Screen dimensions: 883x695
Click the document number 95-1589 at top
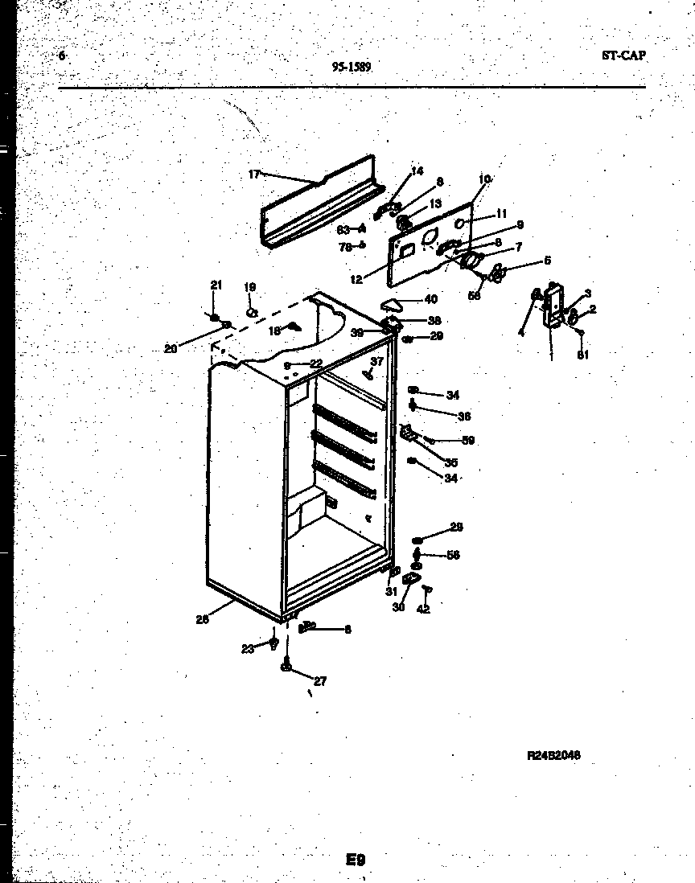(352, 68)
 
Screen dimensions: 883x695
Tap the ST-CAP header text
(623, 56)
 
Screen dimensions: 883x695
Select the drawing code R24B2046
(553, 755)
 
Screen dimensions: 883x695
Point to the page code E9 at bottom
(356, 860)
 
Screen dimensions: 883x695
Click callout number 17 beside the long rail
(254, 174)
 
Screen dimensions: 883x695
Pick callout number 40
(431, 300)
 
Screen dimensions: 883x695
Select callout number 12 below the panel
(356, 279)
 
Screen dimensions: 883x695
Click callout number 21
(215, 285)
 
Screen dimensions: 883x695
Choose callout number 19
(249, 287)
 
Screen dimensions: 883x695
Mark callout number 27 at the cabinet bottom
(320, 681)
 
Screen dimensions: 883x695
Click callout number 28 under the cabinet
(202, 619)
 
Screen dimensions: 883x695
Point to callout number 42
(424, 609)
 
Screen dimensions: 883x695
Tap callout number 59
(467, 440)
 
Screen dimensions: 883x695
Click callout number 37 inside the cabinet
(377, 361)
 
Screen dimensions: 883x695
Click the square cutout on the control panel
(407, 250)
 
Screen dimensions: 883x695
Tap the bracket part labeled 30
(411, 580)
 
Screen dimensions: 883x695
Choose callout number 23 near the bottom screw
(248, 647)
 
